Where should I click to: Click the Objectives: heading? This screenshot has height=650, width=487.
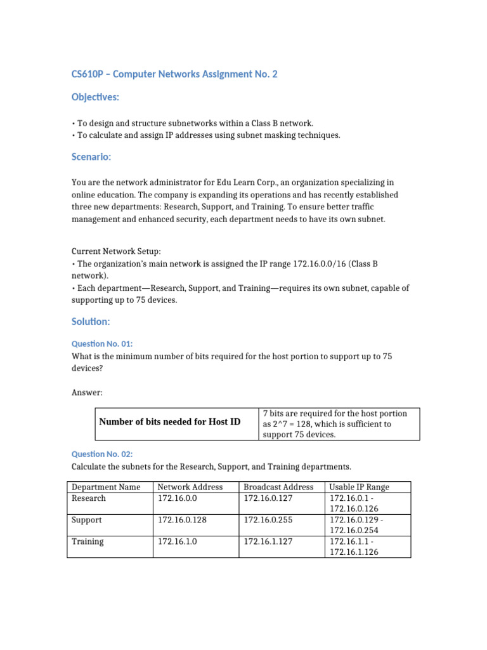[95, 97]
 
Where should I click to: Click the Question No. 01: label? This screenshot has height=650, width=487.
[102, 343]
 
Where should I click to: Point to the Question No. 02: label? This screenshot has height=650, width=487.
[102, 454]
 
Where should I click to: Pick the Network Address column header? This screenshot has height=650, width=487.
[190, 487]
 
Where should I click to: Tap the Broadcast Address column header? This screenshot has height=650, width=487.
[278, 487]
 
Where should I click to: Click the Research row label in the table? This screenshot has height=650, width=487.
[89, 498]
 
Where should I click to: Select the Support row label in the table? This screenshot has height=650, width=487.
[88, 520]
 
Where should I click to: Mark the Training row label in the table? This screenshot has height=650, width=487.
[88, 541]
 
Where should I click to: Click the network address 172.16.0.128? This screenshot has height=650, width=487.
[182, 520]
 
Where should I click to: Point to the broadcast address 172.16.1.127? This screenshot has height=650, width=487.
[269, 541]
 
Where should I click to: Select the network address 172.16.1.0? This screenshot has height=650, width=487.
[178, 541]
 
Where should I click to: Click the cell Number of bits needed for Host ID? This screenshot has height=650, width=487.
[170, 421]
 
